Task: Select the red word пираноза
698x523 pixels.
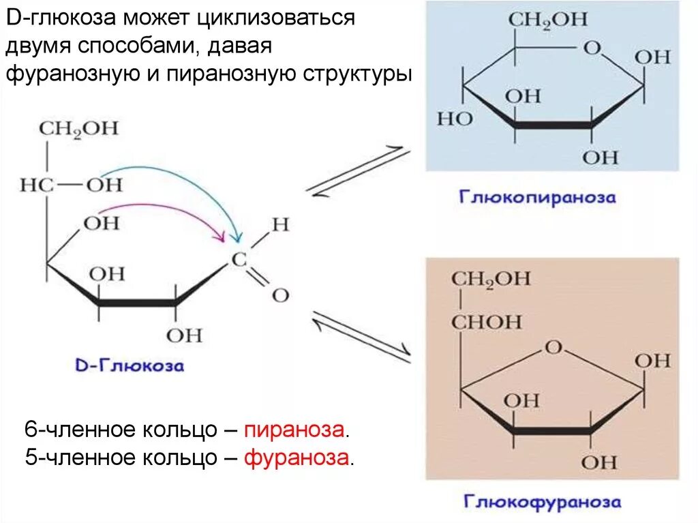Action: [295, 430]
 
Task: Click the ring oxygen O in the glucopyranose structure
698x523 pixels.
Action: [593, 48]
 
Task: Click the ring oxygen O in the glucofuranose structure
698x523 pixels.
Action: [553, 347]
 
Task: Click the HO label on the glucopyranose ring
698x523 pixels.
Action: [454, 119]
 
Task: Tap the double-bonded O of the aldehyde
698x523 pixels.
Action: [279, 295]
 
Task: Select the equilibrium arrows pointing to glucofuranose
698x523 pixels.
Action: [361, 332]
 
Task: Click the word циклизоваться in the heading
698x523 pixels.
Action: [275, 17]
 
